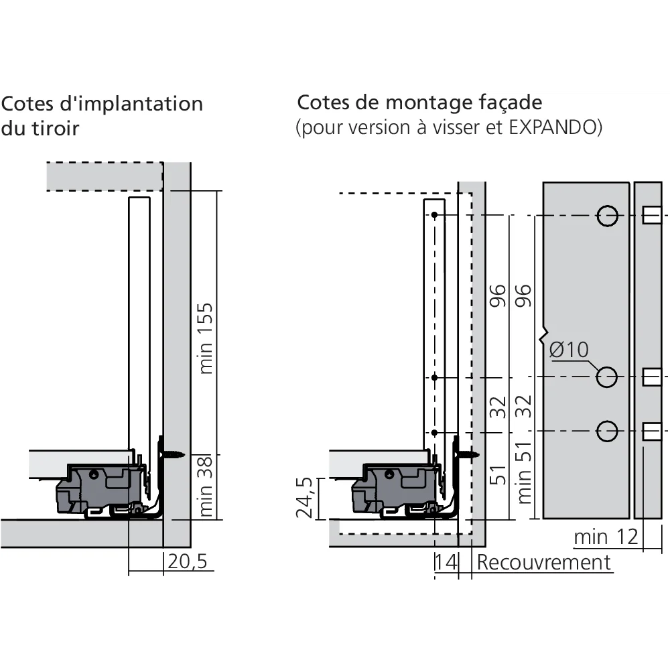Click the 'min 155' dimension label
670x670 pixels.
[206, 338]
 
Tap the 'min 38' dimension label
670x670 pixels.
[206, 486]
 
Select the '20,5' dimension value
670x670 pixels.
[187, 561]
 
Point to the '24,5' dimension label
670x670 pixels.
[306, 498]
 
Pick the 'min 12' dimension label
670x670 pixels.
[606, 537]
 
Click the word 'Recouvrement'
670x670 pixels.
[543, 562]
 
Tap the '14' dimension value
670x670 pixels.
[446, 562]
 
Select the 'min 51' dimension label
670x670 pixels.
[525, 472]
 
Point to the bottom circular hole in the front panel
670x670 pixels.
[607, 431]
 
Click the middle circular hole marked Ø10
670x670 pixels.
[607, 377]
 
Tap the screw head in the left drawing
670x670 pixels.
[176, 454]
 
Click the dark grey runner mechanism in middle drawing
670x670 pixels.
[395, 488]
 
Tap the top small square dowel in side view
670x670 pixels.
[651, 215]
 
